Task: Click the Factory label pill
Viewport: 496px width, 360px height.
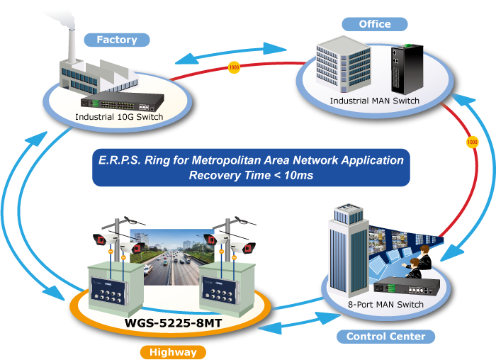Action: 117,40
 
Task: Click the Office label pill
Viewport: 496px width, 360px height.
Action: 375,24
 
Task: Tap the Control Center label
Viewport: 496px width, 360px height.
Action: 385,336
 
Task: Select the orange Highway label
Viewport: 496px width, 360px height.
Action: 173,351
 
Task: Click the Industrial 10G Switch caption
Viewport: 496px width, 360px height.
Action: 120,117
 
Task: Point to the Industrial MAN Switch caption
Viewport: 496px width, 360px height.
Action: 374,101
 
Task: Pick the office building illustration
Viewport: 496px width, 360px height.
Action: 346,67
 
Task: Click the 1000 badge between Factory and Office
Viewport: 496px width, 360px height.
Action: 235,68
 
